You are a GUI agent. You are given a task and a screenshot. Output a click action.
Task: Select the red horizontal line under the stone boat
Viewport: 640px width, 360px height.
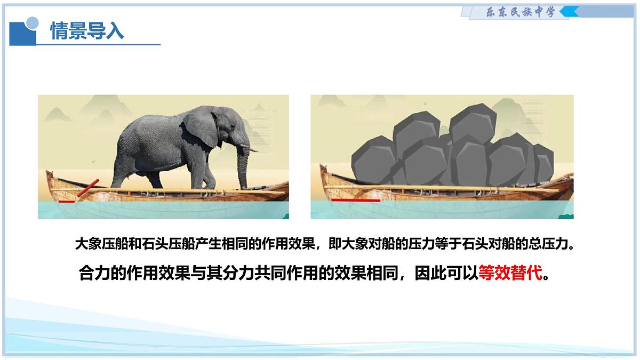point(356,201)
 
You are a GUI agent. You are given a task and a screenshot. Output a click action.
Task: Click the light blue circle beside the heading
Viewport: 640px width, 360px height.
point(32,23)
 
